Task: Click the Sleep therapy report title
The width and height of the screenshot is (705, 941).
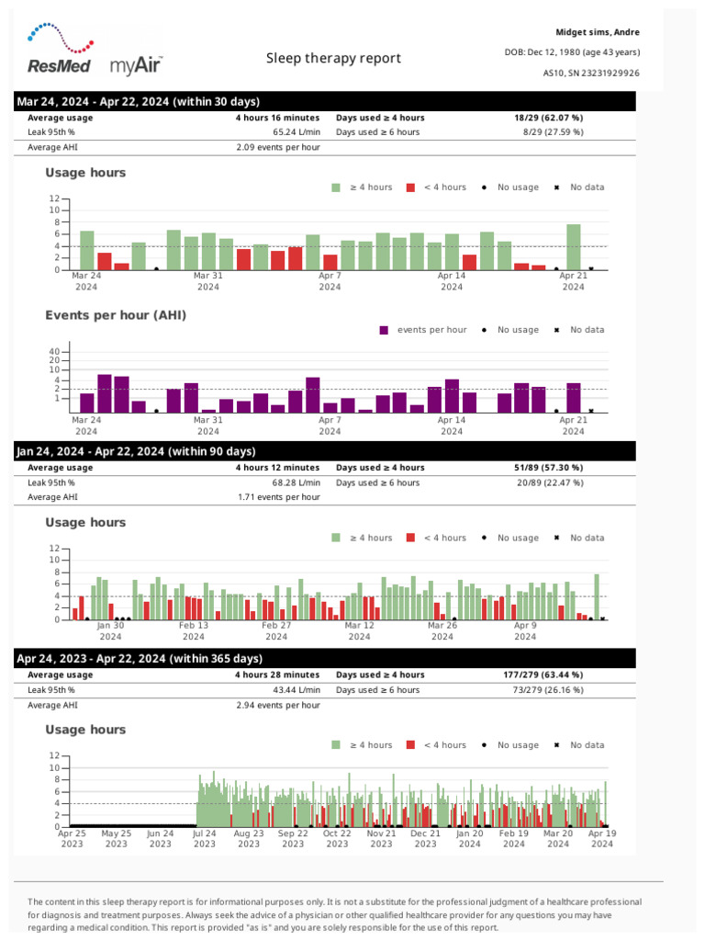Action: pyautogui.click(x=333, y=58)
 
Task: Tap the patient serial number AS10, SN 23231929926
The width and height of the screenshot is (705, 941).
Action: pyautogui.click(x=591, y=73)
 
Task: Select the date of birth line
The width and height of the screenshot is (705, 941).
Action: pyautogui.click(x=573, y=51)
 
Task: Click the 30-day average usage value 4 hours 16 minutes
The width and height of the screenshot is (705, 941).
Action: pyautogui.click(x=277, y=118)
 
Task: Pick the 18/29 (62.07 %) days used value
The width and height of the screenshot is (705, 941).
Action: pyautogui.click(x=548, y=118)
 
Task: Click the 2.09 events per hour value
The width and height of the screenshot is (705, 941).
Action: pyautogui.click(x=278, y=147)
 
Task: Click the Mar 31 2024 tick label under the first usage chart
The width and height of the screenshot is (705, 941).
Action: pyautogui.click(x=208, y=281)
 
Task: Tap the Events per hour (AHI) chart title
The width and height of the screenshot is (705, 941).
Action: pyautogui.click(x=116, y=315)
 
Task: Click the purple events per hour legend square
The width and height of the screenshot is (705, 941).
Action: pyautogui.click(x=384, y=330)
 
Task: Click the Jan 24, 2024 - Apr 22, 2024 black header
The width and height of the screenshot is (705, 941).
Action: pyautogui.click(x=136, y=451)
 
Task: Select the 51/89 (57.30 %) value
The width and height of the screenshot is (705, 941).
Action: pyautogui.click(x=548, y=468)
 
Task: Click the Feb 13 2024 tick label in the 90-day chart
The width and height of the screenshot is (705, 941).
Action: pyautogui.click(x=193, y=630)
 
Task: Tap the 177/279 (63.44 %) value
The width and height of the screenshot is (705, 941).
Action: pyautogui.click(x=548, y=675)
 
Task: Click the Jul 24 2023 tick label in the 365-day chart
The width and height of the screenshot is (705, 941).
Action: pyautogui.click(x=205, y=839)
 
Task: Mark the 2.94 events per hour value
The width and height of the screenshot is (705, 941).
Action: pyautogui.click(x=278, y=705)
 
